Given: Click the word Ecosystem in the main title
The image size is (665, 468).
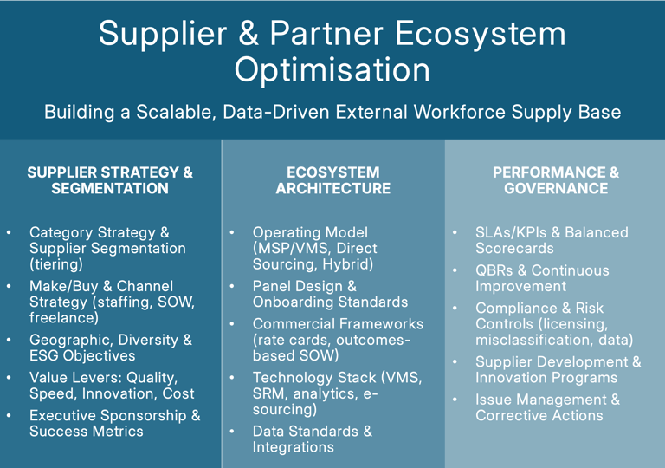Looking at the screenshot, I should (481, 33).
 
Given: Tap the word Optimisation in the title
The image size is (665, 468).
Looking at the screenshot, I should (332, 69).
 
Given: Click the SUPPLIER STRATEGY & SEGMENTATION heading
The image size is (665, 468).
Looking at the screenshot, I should (110, 180).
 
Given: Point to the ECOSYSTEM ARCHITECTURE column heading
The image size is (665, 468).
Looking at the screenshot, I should (332, 180).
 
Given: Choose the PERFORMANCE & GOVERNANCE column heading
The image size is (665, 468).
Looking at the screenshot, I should (556, 180).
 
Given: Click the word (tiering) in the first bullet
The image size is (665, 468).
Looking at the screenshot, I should (56, 264).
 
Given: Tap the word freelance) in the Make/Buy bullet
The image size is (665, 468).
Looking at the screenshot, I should (61, 318).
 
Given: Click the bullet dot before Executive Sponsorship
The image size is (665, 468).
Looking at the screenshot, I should (9, 416).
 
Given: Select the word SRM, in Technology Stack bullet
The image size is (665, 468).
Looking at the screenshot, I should (270, 393).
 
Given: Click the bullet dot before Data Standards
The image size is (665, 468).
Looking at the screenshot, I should (232, 432).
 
